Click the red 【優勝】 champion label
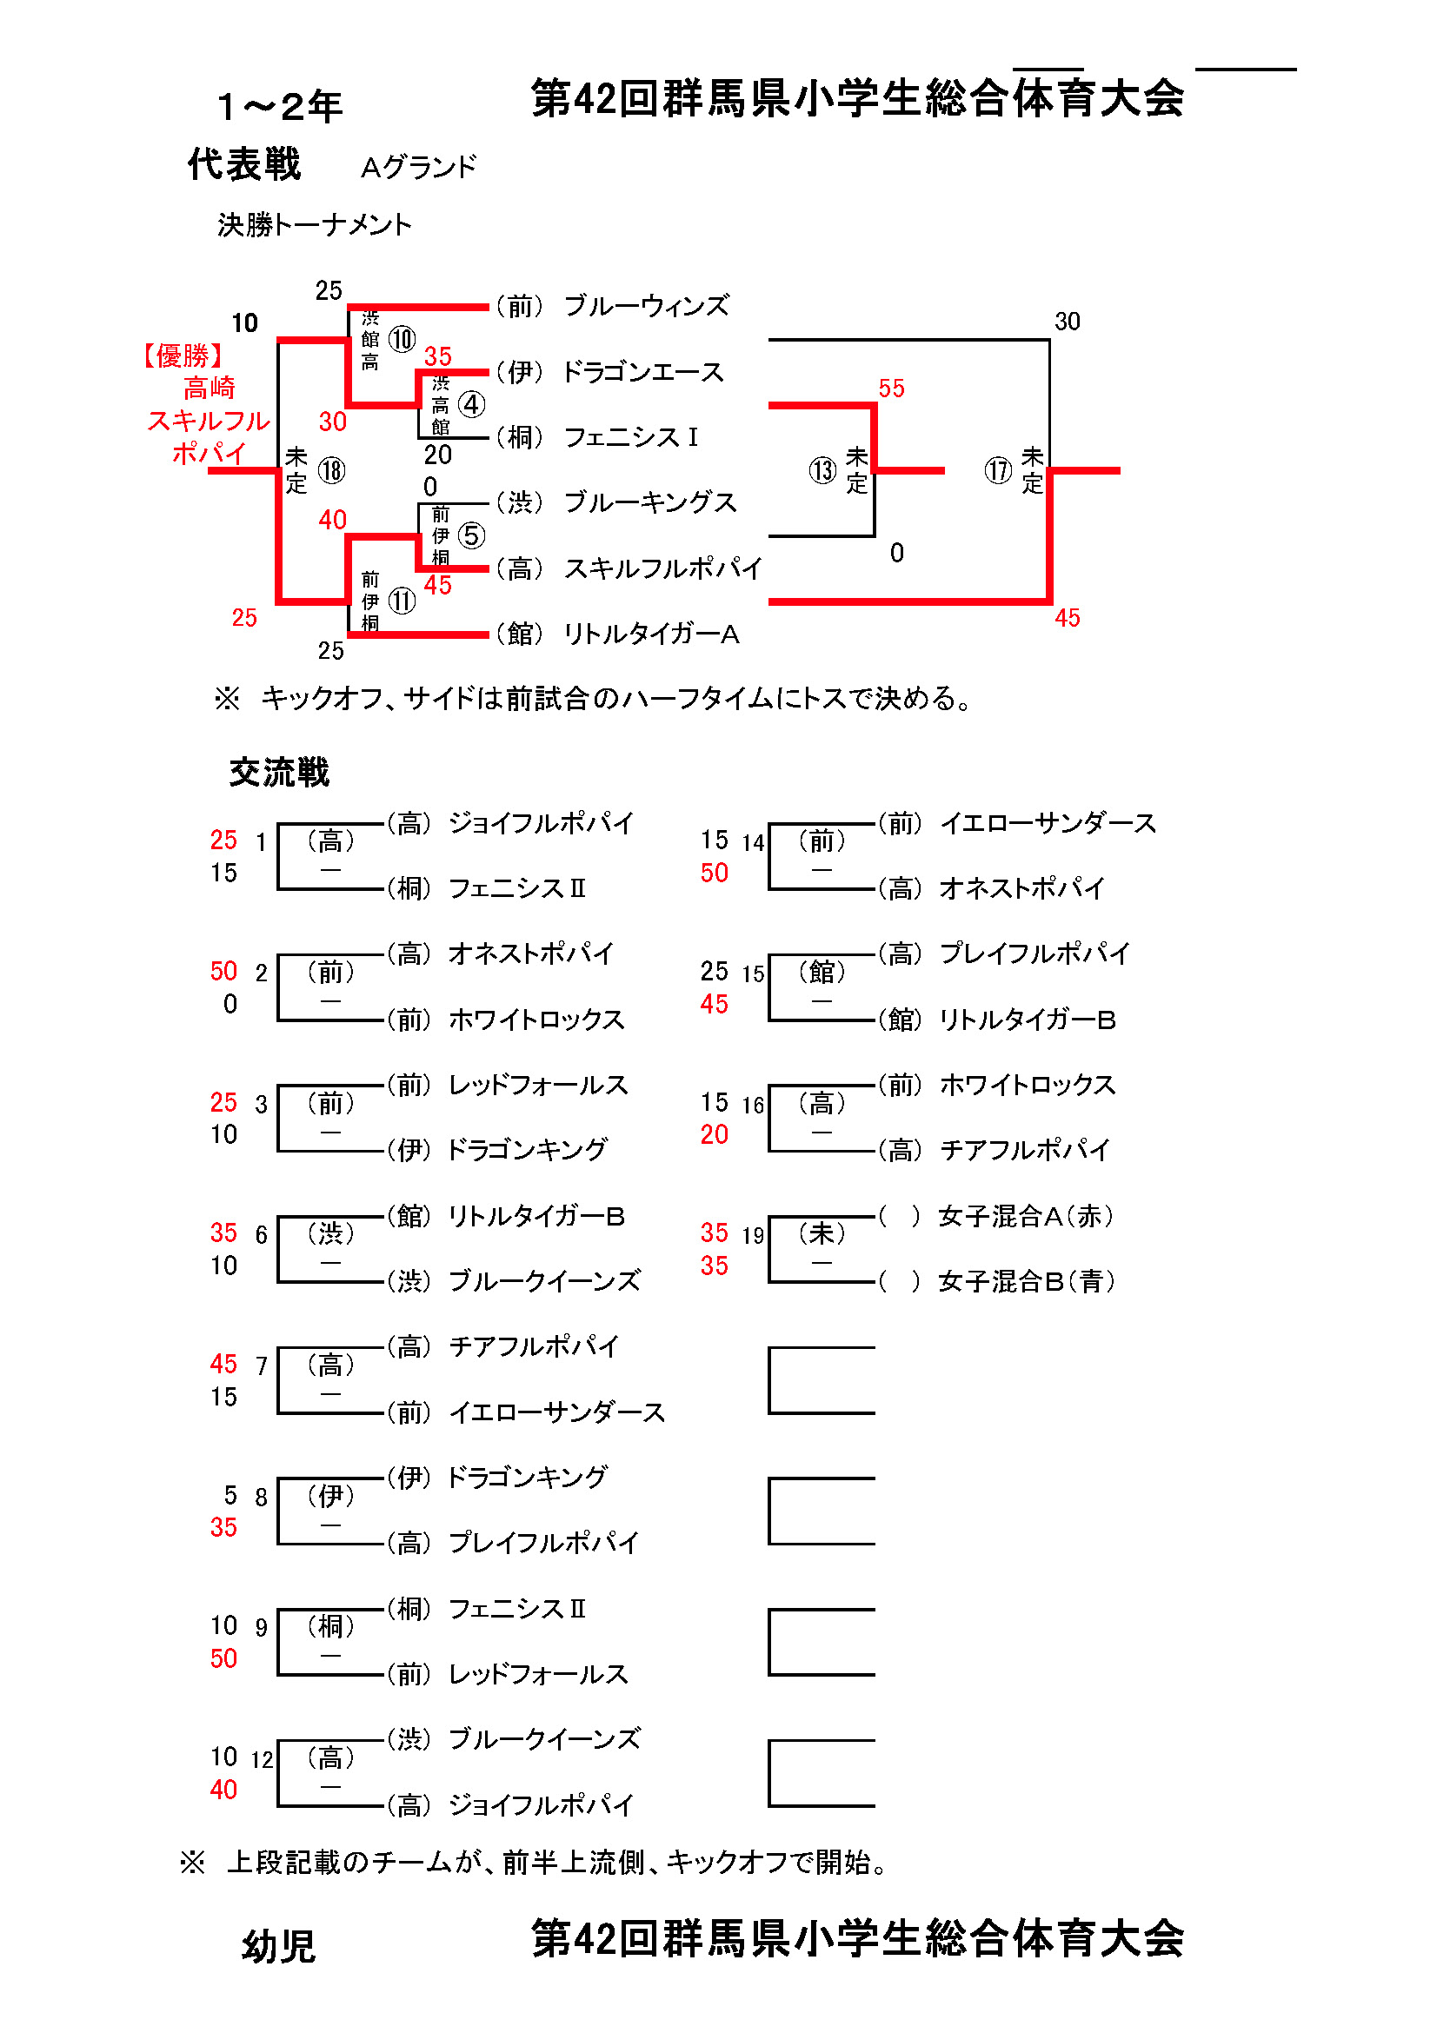tap(184, 356)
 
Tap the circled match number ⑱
tap(331, 470)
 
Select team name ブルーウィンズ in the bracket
tap(646, 305)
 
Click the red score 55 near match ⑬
tap(892, 388)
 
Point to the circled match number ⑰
tap(998, 470)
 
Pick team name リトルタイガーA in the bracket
tap(652, 634)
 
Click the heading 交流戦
tap(279, 772)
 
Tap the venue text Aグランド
tap(419, 167)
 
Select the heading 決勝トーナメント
tap(316, 225)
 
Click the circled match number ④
tap(471, 405)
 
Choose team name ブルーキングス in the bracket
tap(650, 502)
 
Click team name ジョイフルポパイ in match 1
tap(541, 822)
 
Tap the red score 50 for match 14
tap(715, 873)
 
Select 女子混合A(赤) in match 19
tap(1026, 1216)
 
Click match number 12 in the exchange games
tap(262, 1759)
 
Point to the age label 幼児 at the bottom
tap(279, 1947)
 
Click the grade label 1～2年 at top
tap(280, 106)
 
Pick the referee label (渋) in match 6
tap(330, 1233)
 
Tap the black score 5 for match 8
tap(230, 1496)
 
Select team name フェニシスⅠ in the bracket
tap(630, 436)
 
